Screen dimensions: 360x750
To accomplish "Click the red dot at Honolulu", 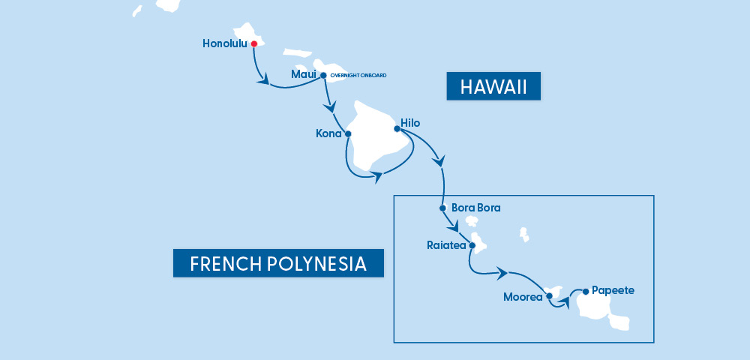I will (254, 44).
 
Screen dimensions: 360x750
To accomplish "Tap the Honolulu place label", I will (226, 44).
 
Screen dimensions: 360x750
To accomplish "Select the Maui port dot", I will (323, 75).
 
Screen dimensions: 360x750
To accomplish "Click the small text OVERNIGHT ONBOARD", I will (358, 76).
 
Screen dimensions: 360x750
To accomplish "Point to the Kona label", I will (329, 133).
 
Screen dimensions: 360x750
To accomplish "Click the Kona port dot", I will (348, 133).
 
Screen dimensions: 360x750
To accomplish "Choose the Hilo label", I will (411, 123).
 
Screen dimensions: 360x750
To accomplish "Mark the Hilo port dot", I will (397, 128).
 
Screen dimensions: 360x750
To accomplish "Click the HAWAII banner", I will (493, 86).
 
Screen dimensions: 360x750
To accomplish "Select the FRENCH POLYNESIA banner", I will (278, 263).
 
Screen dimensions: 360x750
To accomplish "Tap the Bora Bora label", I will (476, 208).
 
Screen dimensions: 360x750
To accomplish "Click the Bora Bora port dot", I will (443, 208).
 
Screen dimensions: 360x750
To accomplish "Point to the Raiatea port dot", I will (472, 244).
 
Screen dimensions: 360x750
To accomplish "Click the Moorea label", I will (523, 296).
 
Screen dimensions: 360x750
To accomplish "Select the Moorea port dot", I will (550, 296).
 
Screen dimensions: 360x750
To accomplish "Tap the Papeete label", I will (613, 289).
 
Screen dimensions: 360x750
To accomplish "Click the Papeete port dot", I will (586, 290).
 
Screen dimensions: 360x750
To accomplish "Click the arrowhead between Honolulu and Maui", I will (263, 79).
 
